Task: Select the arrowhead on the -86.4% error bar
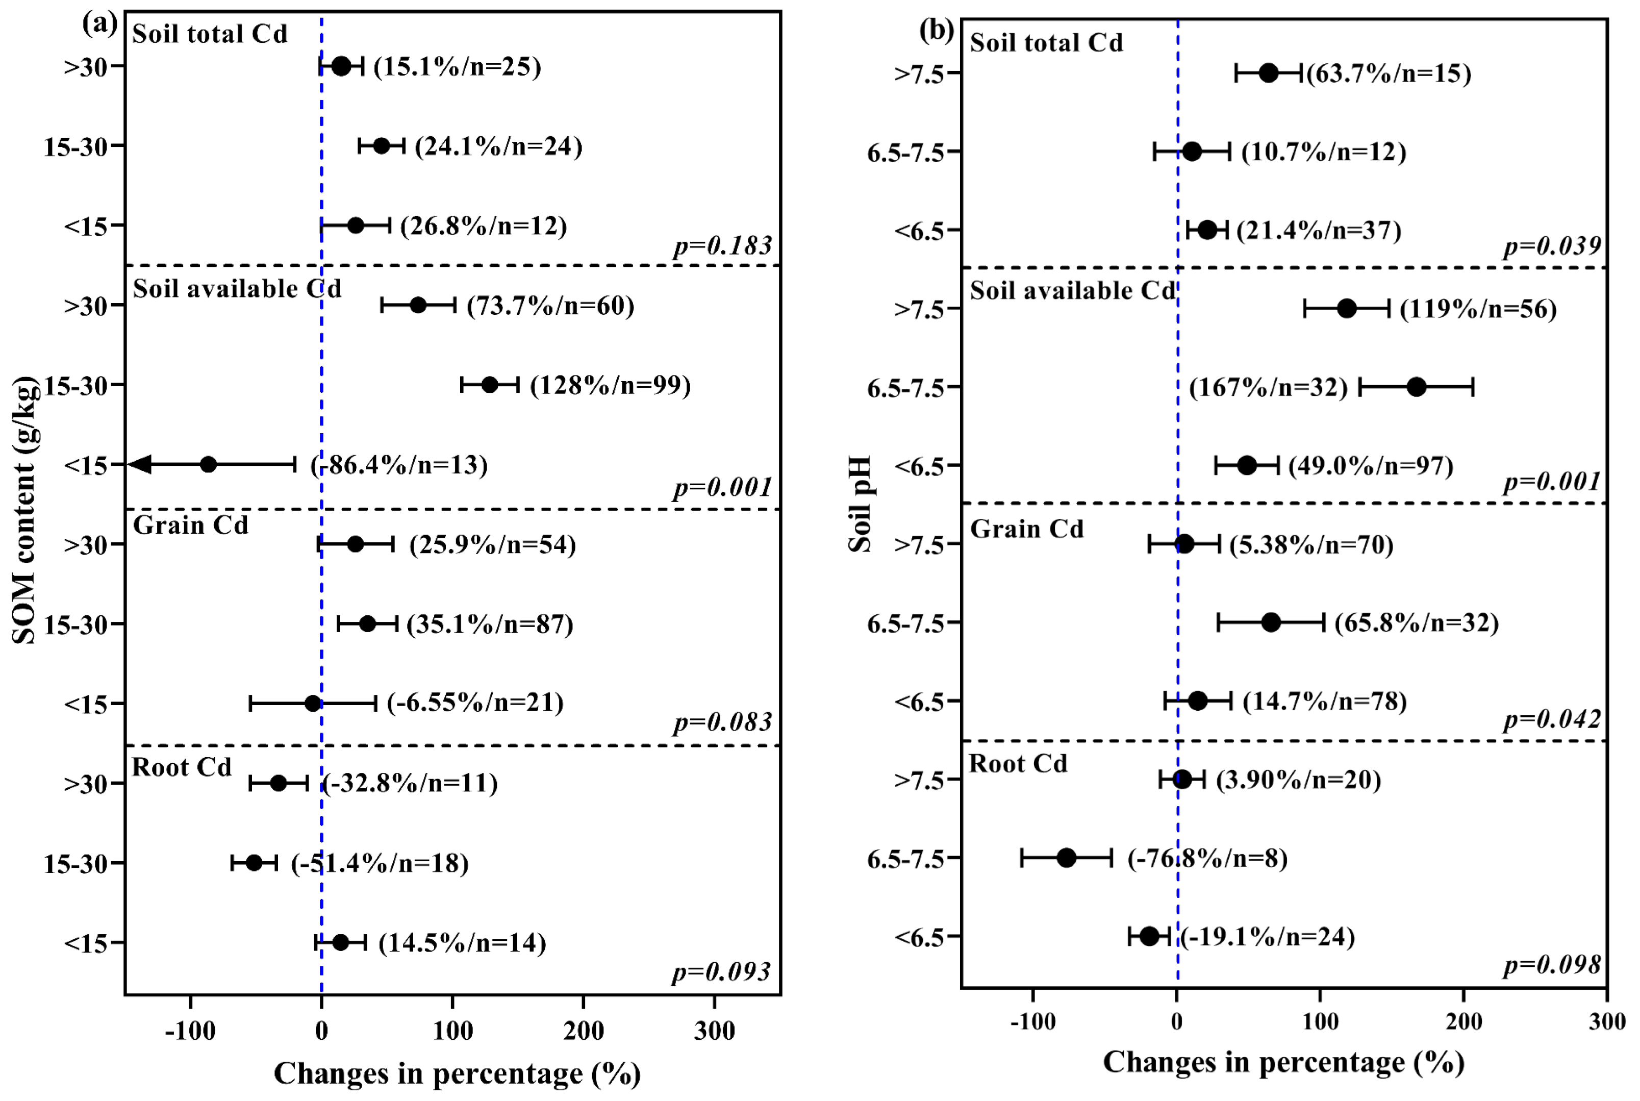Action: click(140, 464)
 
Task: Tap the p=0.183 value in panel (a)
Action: click(722, 246)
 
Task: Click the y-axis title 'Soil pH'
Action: click(860, 504)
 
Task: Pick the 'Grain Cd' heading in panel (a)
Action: click(190, 525)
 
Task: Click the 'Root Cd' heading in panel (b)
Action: click(1018, 763)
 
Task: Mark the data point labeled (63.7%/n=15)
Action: click(1269, 72)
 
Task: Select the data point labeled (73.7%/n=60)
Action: click(418, 306)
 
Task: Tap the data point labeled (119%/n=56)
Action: click(1347, 308)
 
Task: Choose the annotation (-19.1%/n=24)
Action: click(1267, 937)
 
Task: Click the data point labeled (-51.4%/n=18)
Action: click(254, 863)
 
